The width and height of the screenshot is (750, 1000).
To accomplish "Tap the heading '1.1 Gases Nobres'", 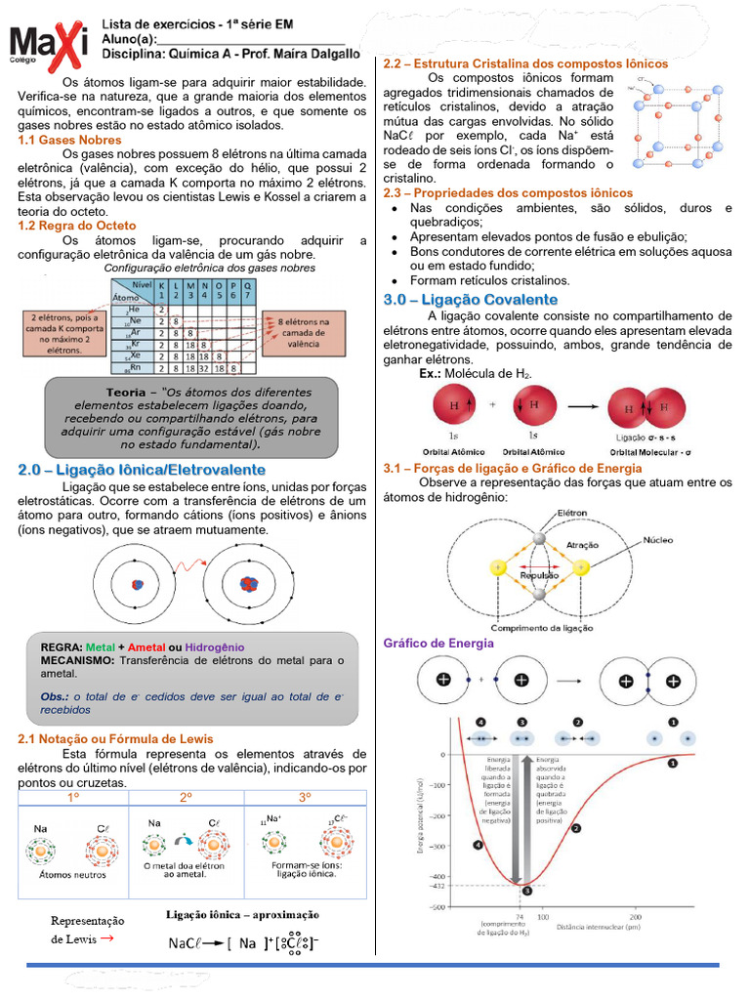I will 69,140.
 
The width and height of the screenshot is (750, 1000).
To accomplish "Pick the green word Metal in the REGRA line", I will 100,647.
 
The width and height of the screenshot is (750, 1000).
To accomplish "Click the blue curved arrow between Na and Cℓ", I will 182,839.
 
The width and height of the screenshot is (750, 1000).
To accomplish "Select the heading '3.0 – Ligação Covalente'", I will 471,299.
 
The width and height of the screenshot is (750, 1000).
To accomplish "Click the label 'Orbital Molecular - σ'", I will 651,452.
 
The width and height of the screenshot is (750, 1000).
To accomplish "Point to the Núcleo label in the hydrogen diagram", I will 656,539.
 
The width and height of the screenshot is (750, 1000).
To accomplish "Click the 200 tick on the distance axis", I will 635,917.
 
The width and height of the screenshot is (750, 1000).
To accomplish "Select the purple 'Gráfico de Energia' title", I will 438,644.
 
